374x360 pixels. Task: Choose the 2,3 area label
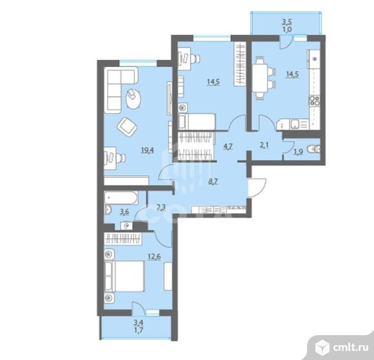point(161,207)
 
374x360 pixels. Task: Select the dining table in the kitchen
point(260,78)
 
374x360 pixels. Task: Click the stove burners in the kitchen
point(315,101)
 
